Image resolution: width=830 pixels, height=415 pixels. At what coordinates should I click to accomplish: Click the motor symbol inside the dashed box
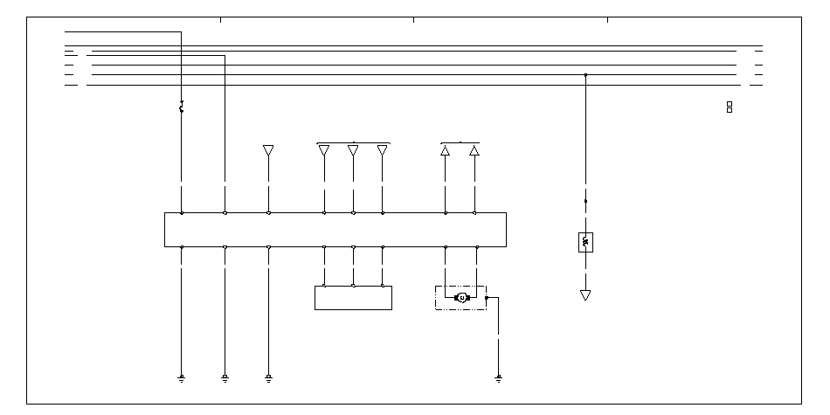pyautogui.click(x=462, y=298)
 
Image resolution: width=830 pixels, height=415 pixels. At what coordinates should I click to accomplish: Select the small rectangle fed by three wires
pyautogui.click(x=353, y=297)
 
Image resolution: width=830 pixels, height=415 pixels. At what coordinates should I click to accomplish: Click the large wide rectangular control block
pyautogui.click(x=335, y=230)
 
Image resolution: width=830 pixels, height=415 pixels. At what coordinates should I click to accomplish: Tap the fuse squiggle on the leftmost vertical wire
pyautogui.click(x=181, y=107)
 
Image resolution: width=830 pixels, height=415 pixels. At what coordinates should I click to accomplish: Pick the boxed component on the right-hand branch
pyautogui.click(x=585, y=241)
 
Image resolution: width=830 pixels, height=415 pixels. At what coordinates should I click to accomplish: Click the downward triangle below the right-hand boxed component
pyautogui.click(x=585, y=295)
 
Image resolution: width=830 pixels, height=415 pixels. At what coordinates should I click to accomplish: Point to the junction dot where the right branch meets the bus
pyautogui.click(x=585, y=75)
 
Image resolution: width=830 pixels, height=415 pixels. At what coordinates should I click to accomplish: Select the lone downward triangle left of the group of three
pyautogui.click(x=268, y=150)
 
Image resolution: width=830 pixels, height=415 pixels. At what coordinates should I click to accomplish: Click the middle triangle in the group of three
pyautogui.click(x=353, y=150)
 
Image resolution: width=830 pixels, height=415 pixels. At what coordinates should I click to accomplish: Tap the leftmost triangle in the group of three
pyautogui.click(x=324, y=150)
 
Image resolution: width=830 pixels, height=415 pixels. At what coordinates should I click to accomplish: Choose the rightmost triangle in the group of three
pyautogui.click(x=382, y=150)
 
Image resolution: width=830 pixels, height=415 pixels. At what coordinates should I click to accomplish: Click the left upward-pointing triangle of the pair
pyautogui.click(x=446, y=150)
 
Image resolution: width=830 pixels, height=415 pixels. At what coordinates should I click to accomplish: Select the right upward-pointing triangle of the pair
pyautogui.click(x=474, y=150)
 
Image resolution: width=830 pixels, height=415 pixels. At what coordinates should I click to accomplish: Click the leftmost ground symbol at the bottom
pyautogui.click(x=181, y=378)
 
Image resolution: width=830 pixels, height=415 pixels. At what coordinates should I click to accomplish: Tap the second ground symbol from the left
pyautogui.click(x=225, y=378)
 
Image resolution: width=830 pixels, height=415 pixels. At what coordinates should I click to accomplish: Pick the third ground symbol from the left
pyautogui.click(x=268, y=378)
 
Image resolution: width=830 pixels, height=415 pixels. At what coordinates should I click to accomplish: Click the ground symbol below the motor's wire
pyautogui.click(x=498, y=378)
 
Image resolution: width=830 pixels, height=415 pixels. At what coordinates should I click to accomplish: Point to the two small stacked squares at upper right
pyautogui.click(x=730, y=107)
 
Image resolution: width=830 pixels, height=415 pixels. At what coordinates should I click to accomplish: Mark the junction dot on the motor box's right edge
pyautogui.click(x=487, y=298)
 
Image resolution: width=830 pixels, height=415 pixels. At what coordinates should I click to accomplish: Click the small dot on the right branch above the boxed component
pyautogui.click(x=585, y=201)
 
